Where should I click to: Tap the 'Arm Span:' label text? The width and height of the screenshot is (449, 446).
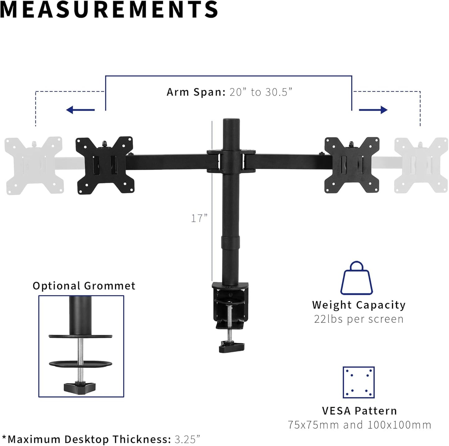(196, 92)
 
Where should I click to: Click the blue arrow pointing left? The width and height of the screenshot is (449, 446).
(80, 110)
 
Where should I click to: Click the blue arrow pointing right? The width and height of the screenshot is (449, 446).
(373, 110)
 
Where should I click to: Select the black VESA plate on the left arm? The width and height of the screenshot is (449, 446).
(105, 165)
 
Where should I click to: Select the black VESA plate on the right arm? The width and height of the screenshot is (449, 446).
(352, 165)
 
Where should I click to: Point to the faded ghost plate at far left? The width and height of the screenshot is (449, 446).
(34, 165)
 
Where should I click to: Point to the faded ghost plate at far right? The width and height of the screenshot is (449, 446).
(421, 165)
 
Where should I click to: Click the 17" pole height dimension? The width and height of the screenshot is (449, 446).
(199, 218)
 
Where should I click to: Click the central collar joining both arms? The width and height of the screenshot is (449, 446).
(231, 161)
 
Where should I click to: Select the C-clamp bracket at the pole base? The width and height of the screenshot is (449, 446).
(231, 306)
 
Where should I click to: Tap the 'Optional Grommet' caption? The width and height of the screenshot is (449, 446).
(84, 286)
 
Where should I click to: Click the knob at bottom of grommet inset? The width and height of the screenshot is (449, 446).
(80, 387)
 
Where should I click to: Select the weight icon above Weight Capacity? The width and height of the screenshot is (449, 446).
(357, 278)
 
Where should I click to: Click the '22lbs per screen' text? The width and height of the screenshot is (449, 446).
(359, 319)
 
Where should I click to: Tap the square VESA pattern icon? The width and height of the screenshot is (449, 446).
(359, 382)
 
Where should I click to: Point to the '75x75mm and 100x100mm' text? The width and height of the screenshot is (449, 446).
(359, 425)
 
